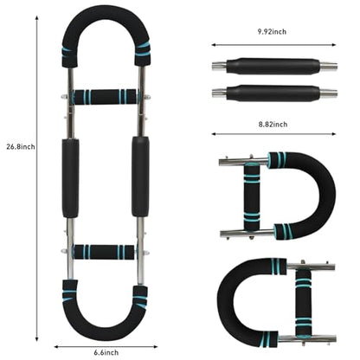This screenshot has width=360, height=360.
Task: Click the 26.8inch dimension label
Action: pyautogui.click(x=21, y=146)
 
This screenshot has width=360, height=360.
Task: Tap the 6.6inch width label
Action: pyautogui.click(x=106, y=352)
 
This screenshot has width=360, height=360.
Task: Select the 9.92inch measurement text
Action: pyautogui.click(x=272, y=31)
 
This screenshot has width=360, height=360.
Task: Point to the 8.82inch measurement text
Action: pyautogui.click(x=273, y=125)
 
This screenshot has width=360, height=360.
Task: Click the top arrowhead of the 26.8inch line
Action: pyautogui.click(x=37, y=18)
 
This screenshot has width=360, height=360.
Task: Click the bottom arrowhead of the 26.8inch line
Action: pyautogui.click(x=37, y=339)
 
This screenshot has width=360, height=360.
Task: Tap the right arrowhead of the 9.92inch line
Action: pyautogui.click(x=334, y=45)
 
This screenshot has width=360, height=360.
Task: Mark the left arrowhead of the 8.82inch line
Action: pyautogui.click(x=214, y=134)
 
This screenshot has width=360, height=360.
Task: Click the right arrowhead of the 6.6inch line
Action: pyautogui.click(x=156, y=346)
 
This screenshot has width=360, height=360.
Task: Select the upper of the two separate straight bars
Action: pyautogui.click(x=274, y=67)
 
